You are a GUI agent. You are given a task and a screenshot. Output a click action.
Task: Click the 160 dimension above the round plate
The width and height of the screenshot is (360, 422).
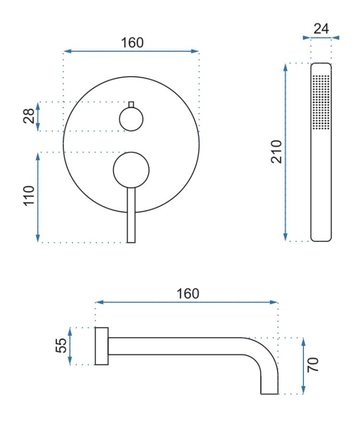[132, 43]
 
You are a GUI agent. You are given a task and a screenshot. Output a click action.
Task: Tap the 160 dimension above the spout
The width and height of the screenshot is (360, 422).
[188, 294]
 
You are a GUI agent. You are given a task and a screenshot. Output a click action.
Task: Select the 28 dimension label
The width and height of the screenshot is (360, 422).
[29, 116]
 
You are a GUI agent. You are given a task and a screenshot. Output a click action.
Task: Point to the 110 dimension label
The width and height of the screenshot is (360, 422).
[29, 195]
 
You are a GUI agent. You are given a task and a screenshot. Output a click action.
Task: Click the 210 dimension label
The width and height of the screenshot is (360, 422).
[276, 152]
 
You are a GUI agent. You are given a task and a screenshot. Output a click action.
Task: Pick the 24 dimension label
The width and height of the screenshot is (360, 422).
[321, 29]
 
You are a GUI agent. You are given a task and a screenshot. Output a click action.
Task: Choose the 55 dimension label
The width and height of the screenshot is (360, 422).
[61, 345]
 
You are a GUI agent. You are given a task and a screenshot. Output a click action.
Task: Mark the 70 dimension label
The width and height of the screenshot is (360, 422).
[313, 365]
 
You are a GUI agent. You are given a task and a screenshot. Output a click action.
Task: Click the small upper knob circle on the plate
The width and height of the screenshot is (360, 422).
[131, 119]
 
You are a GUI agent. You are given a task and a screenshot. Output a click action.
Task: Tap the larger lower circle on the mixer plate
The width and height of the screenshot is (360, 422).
[131, 170]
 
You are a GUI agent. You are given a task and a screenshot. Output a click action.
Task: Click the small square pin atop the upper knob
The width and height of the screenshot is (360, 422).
[131, 105]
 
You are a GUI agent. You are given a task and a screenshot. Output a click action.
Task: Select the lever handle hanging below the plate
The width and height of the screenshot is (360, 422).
[131, 215]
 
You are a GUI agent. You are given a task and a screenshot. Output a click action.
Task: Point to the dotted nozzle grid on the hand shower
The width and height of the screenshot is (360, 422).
[321, 102]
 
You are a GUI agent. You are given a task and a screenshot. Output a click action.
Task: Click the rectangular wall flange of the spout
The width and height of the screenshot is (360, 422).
[101, 346]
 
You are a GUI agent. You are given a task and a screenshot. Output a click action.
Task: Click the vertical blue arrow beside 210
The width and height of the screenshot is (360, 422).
[285, 152]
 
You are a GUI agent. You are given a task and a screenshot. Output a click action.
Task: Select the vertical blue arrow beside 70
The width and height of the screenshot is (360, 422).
[303, 366]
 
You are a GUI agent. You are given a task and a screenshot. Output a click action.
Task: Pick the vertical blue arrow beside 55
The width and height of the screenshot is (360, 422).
[70, 346]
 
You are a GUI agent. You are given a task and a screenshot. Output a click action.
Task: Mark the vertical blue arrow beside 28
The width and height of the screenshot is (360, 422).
[38, 116]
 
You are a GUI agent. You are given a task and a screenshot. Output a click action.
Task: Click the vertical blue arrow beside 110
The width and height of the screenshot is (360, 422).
[38, 198]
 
